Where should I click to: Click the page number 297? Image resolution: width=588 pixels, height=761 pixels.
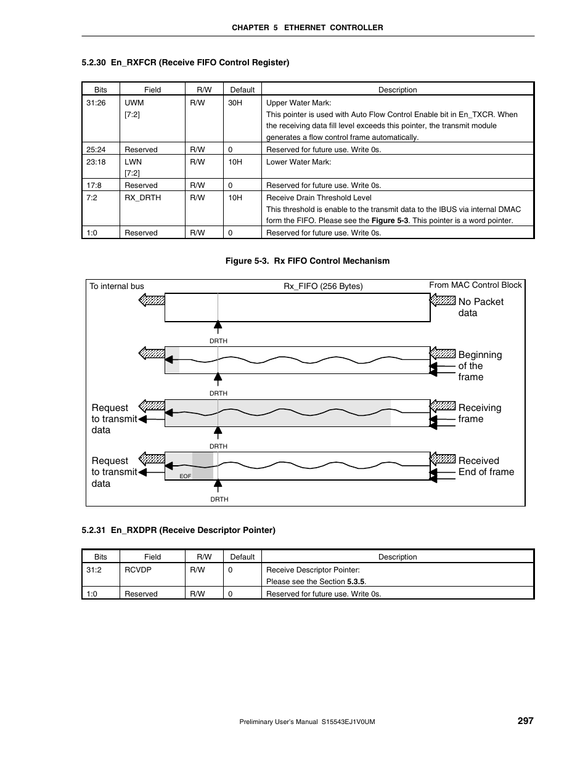[525, 720]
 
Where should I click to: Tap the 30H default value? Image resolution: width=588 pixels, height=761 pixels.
[235, 103]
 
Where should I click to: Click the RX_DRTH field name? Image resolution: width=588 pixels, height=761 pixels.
[142, 198]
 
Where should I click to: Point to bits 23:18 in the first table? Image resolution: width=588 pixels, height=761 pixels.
[96, 162]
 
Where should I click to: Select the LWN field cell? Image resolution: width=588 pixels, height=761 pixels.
[133, 167]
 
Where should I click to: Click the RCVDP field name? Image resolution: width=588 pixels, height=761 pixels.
[137, 570]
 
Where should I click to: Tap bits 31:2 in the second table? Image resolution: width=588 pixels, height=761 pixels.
[94, 570]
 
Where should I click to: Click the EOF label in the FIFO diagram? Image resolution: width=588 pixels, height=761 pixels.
[185, 476]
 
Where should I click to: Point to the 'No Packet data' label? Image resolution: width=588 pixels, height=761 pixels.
[480, 307]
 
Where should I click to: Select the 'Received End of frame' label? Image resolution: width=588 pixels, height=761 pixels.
[486, 466]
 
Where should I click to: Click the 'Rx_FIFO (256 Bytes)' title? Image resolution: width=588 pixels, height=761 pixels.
[323, 286]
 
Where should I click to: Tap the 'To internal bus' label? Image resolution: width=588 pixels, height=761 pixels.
[116, 286]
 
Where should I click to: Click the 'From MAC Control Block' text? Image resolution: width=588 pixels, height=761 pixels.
[475, 285]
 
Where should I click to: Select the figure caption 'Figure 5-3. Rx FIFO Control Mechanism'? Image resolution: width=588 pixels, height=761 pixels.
[307, 261]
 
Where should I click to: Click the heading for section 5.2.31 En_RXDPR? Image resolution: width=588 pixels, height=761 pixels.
[178, 530]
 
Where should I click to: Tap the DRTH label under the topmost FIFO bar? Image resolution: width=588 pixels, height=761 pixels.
[218, 341]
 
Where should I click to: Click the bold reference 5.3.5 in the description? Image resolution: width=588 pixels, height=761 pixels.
[356, 582]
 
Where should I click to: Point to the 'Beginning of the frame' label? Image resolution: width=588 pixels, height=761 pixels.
[480, 366]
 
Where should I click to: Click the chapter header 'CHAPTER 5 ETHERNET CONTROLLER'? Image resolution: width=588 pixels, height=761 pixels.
[307, 28]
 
